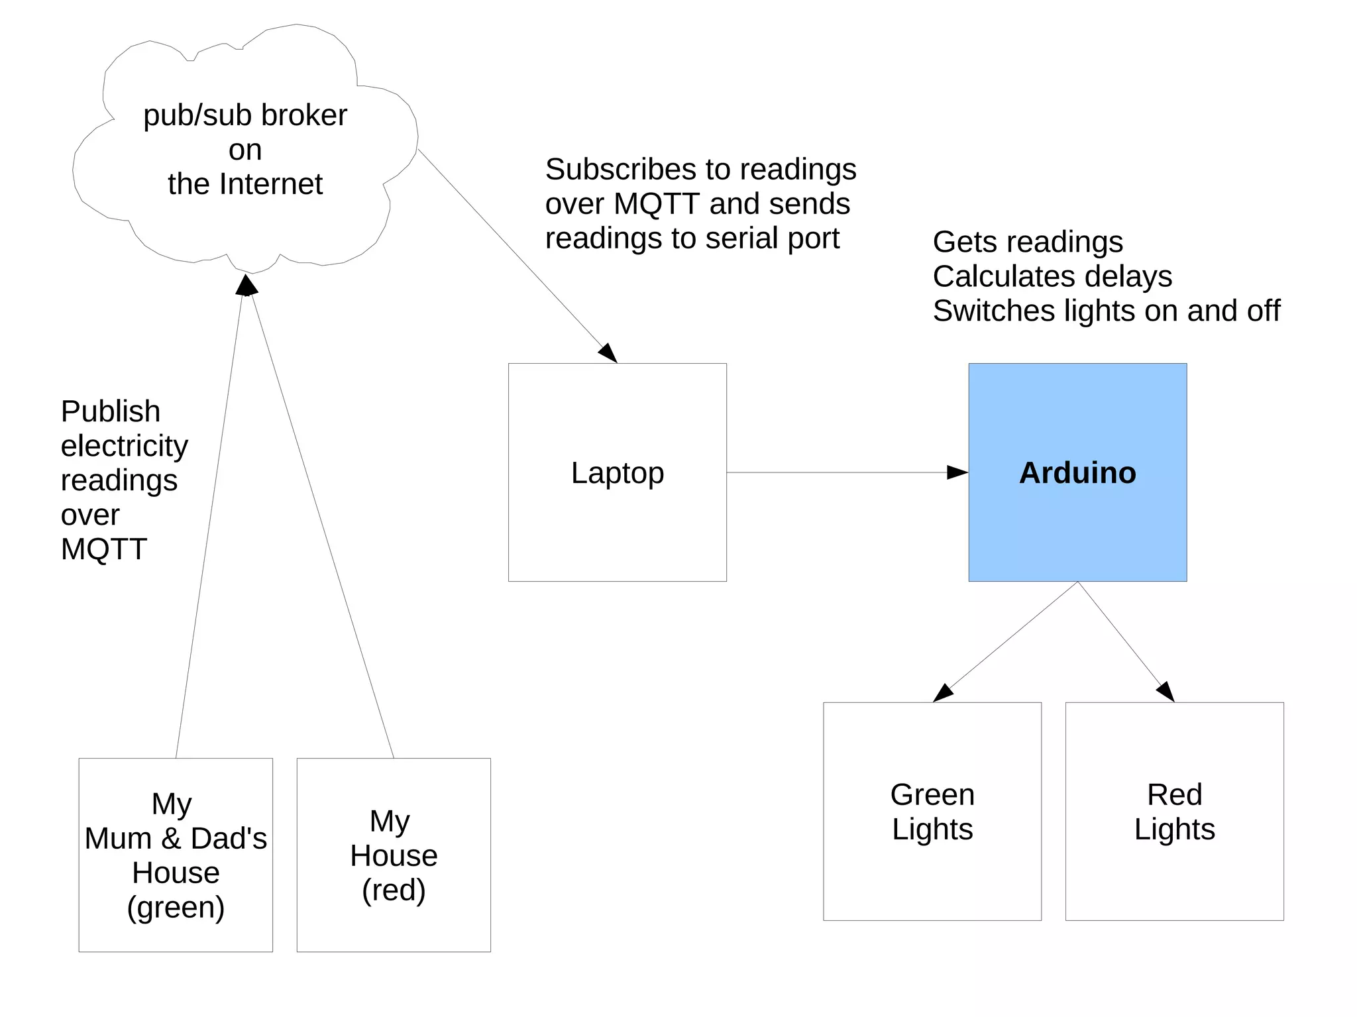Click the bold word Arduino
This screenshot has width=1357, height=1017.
(x=1077, y=473)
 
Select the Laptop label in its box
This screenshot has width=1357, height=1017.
(x=617, y=473)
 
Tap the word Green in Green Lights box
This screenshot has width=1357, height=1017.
(x=932, y=794)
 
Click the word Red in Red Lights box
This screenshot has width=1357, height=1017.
(x=1174, y=794)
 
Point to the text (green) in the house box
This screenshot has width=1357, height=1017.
(x=176, y=907)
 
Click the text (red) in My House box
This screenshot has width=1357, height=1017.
(x=394, y=890)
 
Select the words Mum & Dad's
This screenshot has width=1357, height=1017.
(x=176, y=839)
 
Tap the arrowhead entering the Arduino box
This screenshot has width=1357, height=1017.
(x=958, y=472)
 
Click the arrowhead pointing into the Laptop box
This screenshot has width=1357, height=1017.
(x=609, y=353)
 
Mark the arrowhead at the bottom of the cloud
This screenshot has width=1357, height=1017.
(x=246, y=286)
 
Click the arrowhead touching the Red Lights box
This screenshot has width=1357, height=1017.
(x=1166, y=692)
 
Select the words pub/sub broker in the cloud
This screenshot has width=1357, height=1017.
(x=245, y=116)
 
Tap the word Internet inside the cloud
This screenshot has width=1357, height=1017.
(x=271, y=184)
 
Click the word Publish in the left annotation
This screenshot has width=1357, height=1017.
(x=111, y=411)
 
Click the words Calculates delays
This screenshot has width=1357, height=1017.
(x=1052, y=276)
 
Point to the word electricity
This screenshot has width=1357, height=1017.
(x=125, y=446)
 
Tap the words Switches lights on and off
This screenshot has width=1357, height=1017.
(x=1106, y=311)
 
